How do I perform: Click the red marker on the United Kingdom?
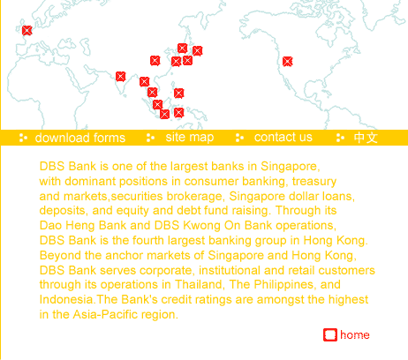[x=26, y=30]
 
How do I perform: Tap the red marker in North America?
[x=287, y=62]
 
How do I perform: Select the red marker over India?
[x=120, y=77]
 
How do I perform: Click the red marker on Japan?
[x=197, y=51]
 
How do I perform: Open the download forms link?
[x=80, y=138]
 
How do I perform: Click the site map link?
[x=190, y=138]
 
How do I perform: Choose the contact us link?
[x=283, y=138]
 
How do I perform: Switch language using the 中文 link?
[x=366, y=138]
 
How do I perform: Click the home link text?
[x=355, y=335]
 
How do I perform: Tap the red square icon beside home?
[x=330, y=334]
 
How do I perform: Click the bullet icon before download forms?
[x=23, y=138]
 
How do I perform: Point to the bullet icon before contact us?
[x=239, y=138]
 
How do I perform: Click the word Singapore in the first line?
[x=290, y=167]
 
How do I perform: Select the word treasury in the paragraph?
[x=314, y=181]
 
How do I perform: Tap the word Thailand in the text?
[x=199, y=284]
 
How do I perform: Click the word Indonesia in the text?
[x=67, y=299]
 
